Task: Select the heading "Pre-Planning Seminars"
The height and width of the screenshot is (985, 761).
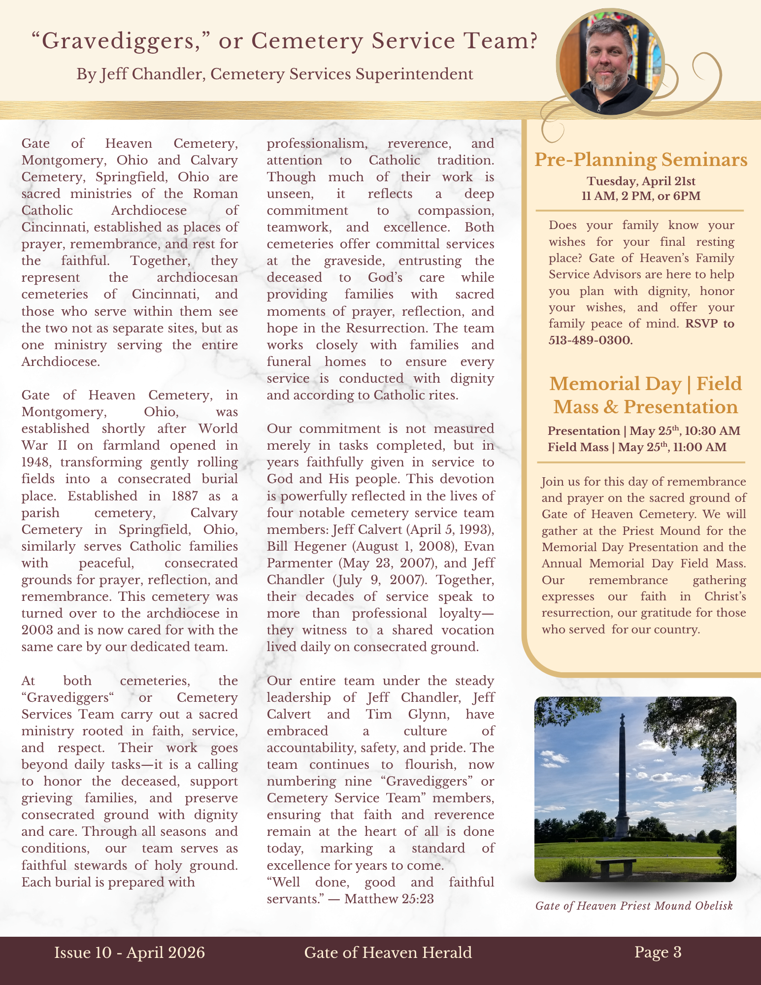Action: tap(641, 160)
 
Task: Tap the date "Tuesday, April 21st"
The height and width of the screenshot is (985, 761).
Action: tap(641, 181)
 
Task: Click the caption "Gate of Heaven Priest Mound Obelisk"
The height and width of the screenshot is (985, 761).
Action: tap(634, 906)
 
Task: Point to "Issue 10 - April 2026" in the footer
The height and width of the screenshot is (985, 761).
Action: tap(130, 952)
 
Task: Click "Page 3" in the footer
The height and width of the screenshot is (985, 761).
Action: tap(658, 952)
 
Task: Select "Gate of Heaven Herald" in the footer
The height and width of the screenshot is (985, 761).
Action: tap(388, 952)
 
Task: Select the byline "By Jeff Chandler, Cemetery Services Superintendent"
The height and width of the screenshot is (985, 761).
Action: tap(274, 74)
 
